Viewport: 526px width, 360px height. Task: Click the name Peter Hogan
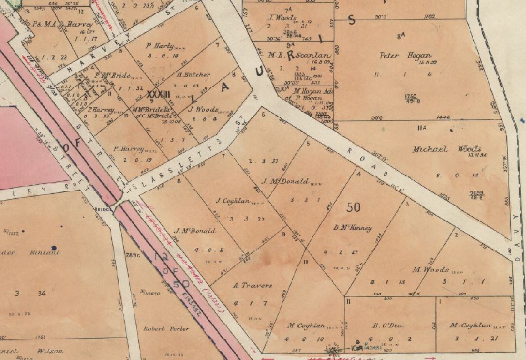(413, 56)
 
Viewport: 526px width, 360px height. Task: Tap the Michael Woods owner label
(447, 149)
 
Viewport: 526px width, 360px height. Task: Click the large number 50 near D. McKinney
(353, 207)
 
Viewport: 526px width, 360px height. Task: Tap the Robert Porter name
(161, 329)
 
